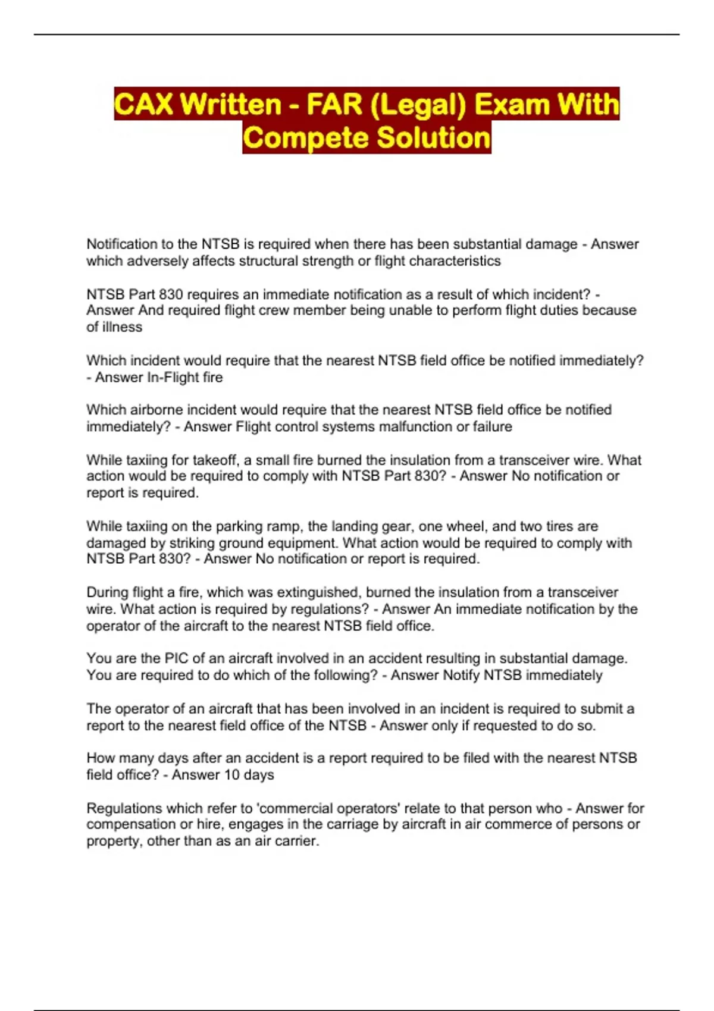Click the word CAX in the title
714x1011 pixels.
pos(143,104)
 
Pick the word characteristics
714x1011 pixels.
pos(455,261)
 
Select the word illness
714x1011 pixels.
pos(122,327)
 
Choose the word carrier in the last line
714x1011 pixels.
pos(299,841)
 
